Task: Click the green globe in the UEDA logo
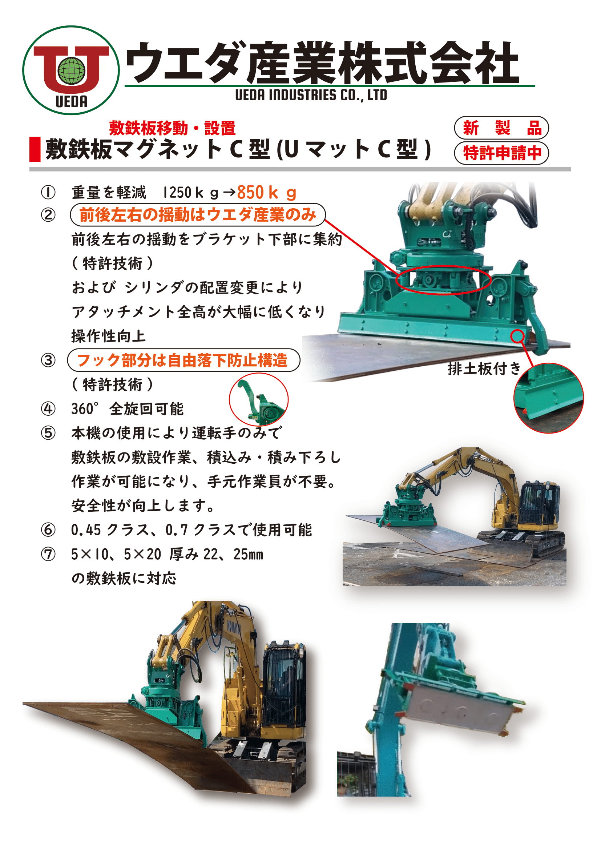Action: [72, 70]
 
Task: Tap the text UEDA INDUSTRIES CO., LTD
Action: [311, 95]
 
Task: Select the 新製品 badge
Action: [501, 128]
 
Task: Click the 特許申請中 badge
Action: [501, 153]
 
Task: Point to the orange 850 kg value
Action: [266, 193]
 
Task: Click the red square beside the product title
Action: [35, 149]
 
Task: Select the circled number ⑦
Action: [48, 554]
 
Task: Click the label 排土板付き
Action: [484, 368]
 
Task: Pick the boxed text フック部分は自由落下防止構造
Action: [183, 360]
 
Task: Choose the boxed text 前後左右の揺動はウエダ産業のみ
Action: [198, 215]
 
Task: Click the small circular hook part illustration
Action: [259, 399]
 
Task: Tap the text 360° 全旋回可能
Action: [127, 409]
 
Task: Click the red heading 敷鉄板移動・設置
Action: [172, 128]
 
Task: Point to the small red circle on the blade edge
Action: [517, 336]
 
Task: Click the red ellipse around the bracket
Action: [443, 280]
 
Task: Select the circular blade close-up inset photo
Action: [548, 398]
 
